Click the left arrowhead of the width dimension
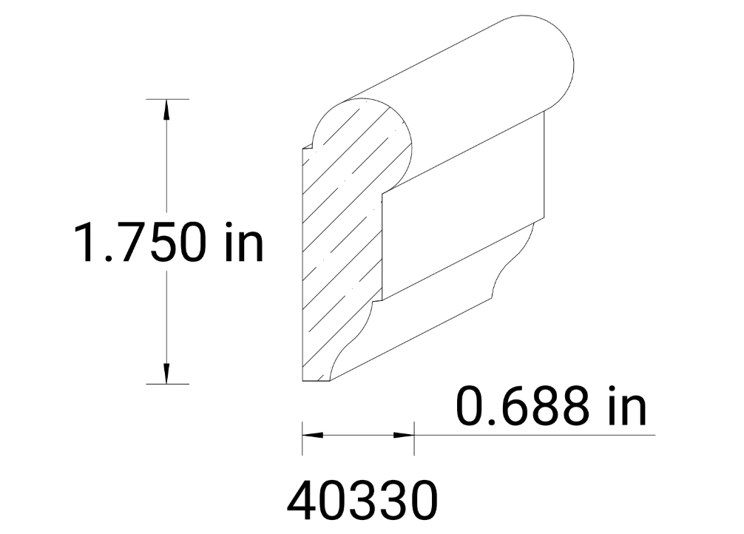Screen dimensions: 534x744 click(x=311, y=434)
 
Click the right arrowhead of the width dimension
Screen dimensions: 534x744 click(x=404, y=434)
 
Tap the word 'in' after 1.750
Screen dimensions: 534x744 click(x=243, y=243)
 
